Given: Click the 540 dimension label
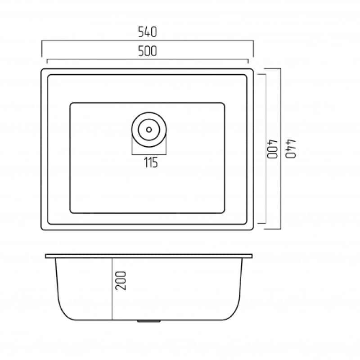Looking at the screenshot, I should pos(148,32).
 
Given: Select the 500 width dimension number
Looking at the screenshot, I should pos(148,52).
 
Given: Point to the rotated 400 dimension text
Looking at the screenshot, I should pos(273,149).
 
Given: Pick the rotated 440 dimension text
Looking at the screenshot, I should pos(291,149).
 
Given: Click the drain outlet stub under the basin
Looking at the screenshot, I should pos(148,322).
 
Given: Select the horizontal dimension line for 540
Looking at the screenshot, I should pos(148,40).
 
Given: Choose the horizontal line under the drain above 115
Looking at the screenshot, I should pos(149,154).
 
